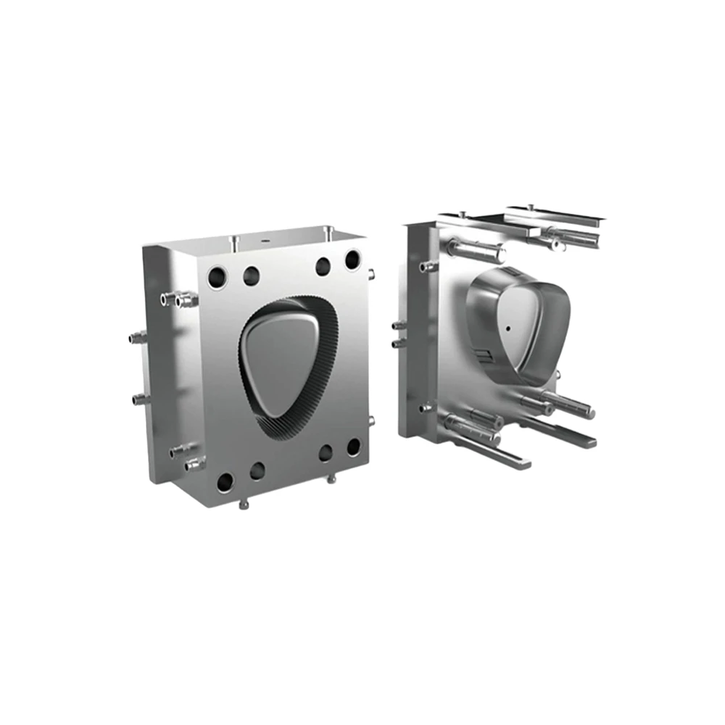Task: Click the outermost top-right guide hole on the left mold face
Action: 352,259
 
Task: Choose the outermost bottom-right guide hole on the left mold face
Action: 353,447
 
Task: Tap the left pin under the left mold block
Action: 244,502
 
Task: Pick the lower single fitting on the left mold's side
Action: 138,398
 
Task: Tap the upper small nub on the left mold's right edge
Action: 371,275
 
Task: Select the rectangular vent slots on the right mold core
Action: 484,355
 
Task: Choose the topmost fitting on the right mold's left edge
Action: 426,268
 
